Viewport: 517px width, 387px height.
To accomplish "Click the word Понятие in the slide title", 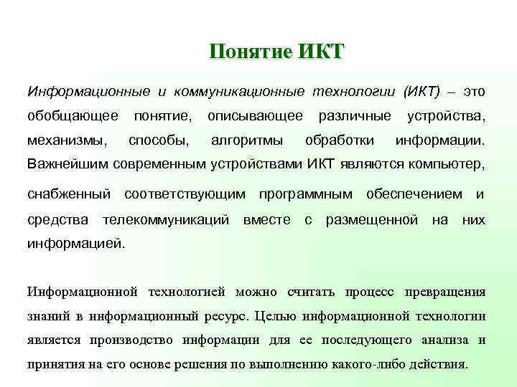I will coord(247,52).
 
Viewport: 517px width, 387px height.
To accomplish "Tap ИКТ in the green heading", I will coord(320,52).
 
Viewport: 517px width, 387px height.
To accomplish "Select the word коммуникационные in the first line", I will coord(239,92).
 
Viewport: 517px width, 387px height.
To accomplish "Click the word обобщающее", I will coord(73,115).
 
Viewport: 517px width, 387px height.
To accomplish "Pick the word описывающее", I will coord(255,115).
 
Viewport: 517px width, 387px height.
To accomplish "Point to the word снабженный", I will coord(68,193).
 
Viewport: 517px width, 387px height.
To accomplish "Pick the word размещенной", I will coord(372,218).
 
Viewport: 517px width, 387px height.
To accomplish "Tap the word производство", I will coord(134,340).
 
